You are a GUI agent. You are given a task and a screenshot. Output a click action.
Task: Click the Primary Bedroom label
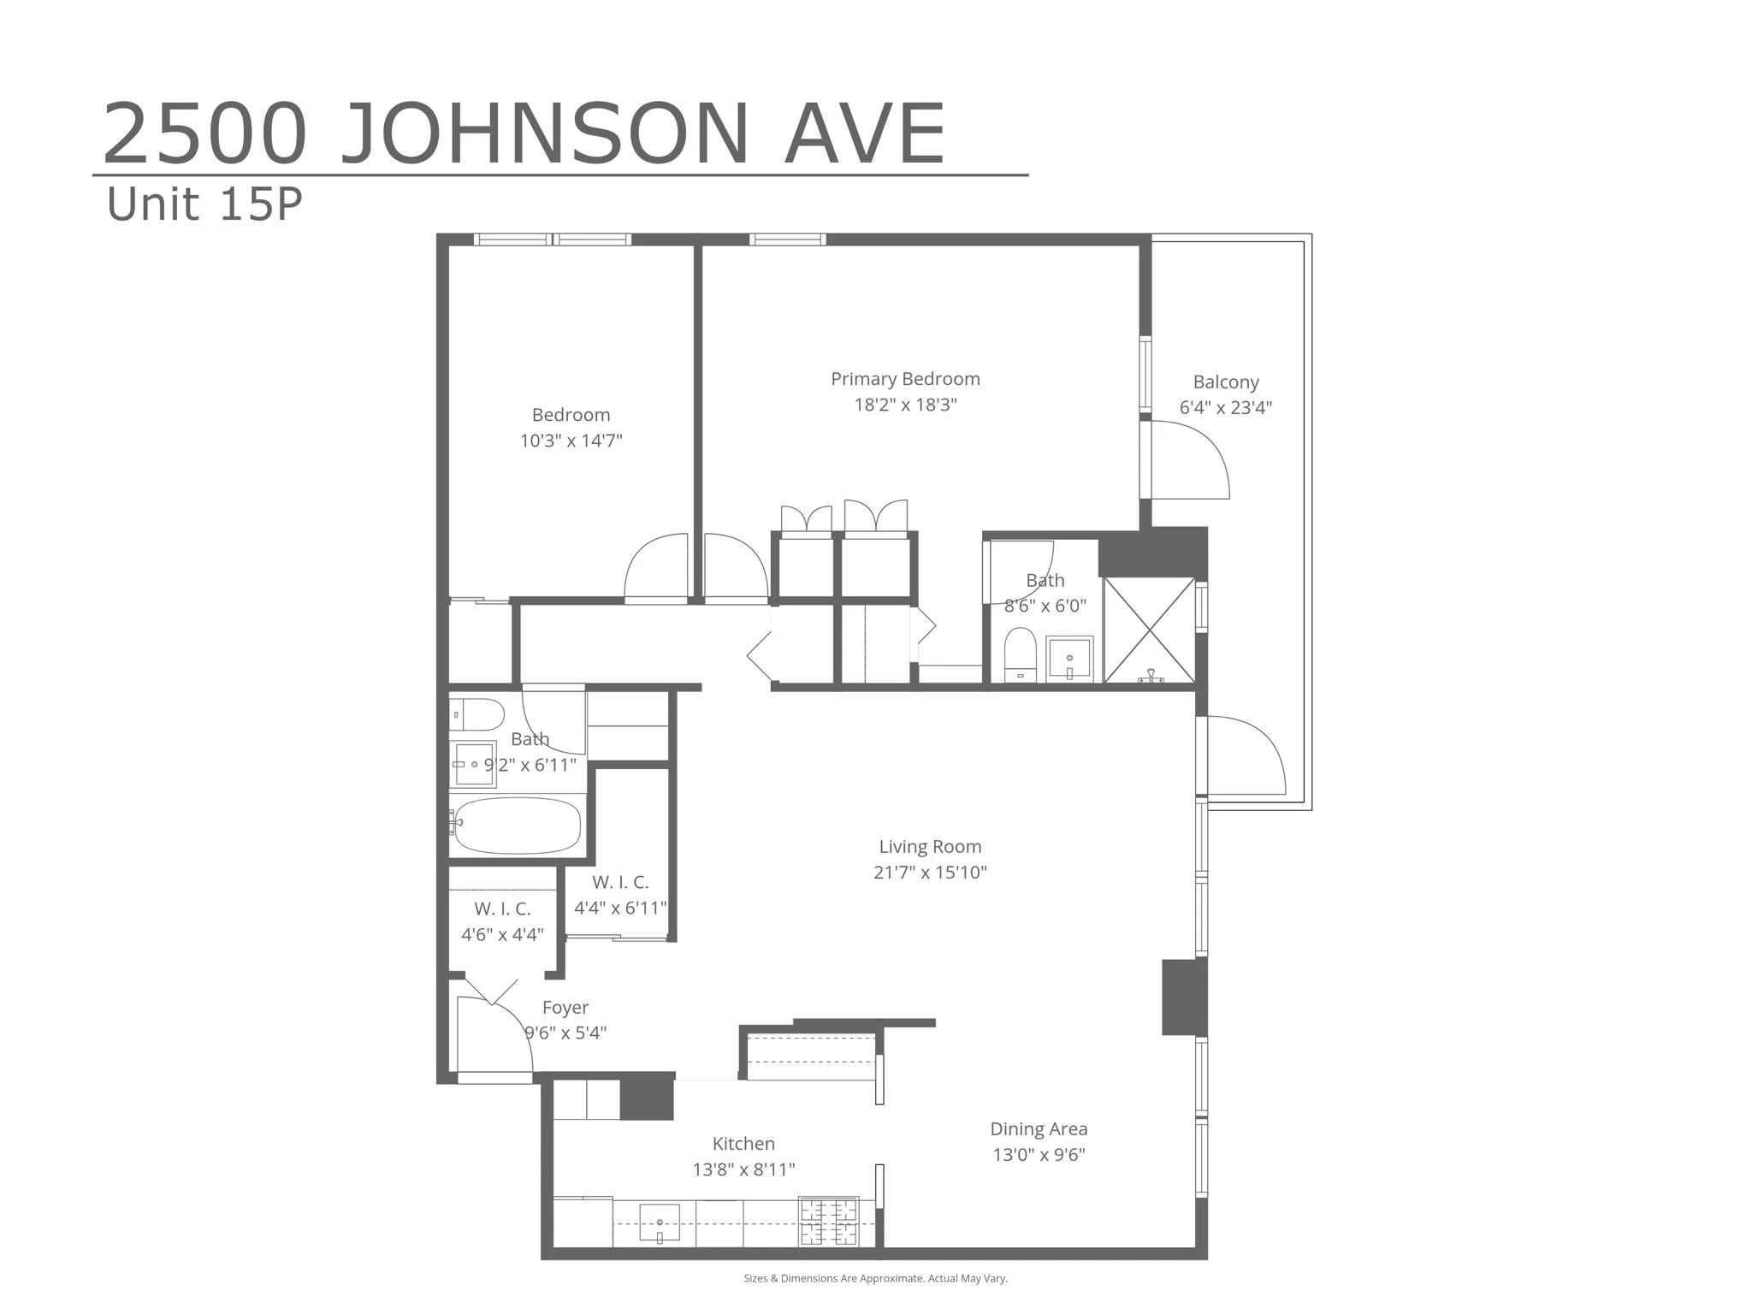click(905, 379)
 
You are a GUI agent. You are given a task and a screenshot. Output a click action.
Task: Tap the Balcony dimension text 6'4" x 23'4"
click(1225, 408)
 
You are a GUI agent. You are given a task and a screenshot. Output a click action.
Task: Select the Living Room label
click(930, 847)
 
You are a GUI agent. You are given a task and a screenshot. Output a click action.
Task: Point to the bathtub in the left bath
click(517, 826)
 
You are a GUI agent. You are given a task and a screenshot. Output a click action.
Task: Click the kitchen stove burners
click(827, 1222)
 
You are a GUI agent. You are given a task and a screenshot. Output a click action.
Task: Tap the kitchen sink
click(660, 1222)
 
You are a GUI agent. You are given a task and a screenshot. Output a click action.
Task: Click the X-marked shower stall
click(1149, 630)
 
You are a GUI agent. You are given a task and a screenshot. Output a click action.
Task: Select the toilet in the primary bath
click(1020, 654)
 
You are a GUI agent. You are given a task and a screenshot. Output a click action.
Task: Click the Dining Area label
click(1039, 1129)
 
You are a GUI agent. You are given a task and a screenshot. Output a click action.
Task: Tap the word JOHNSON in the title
click(544, 135)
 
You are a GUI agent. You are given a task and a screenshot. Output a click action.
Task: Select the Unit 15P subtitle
click(204, 204)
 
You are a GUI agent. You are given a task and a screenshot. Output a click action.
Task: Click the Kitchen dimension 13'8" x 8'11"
click(743, 1169)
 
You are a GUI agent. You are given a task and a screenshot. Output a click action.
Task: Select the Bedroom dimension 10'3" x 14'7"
click(571, 441)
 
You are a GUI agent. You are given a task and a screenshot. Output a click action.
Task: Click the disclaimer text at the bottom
click(875, 1279)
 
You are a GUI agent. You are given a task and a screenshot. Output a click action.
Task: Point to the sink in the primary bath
click(1069, 659)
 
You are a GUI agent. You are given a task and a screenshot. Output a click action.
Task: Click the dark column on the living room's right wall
click(1183, 997)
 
